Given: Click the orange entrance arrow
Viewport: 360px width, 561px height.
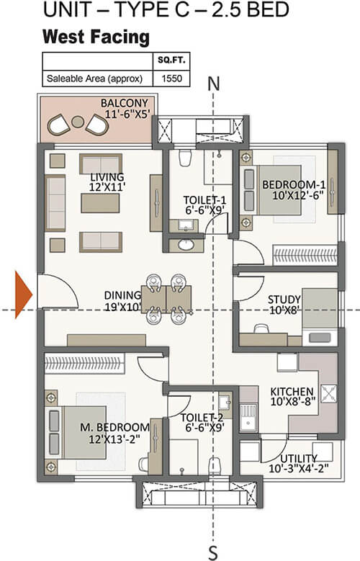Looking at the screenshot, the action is coord(22,295).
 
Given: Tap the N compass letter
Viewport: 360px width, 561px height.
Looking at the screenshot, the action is coord(214,84).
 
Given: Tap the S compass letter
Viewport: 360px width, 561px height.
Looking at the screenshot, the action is coord(213,553).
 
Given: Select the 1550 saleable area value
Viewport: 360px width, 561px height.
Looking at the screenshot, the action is coord(172,78).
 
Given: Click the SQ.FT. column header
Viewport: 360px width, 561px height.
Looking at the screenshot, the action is coord(172,60).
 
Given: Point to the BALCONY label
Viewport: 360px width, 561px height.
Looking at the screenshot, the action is coord(125,103).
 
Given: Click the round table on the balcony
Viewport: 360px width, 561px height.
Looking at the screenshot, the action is coord(78,122).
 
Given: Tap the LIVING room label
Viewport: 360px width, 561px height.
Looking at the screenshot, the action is coord(107,176).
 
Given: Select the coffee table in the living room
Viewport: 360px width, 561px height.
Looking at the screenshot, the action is coord(100,203).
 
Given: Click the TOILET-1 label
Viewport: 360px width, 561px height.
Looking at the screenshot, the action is coord(204,200).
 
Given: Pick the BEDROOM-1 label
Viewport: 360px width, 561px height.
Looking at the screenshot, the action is coord(294,184).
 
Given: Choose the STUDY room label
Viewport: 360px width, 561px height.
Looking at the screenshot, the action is coord(284,300).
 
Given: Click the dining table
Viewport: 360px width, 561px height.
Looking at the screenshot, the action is coord(166,299).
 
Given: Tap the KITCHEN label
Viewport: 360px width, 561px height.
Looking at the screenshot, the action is coord(292,392).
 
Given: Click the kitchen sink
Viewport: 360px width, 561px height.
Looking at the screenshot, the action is coord(248,417).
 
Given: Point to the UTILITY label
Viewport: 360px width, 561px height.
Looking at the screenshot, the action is coord(299,458).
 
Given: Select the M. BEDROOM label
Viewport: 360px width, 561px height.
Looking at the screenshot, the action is coord(114,427).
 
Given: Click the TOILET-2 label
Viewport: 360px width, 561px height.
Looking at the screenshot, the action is coord(202,418).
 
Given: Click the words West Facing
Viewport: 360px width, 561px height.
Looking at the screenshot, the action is coord(96,37).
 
